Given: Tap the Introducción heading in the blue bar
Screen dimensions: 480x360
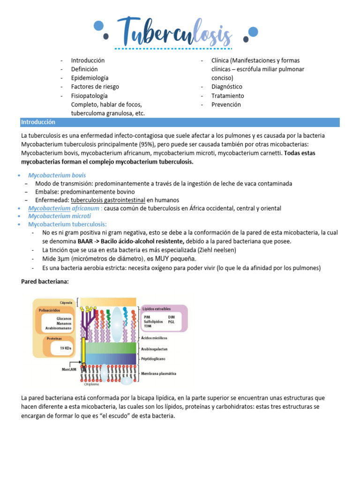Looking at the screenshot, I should click(x=38, y=122).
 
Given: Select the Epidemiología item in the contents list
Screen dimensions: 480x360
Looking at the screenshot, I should click(x=90, y=78).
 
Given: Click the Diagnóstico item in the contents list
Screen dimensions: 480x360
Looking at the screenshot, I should click(x=227, y=87).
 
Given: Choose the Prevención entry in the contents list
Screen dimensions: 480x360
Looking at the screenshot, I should click(x=226, y=105).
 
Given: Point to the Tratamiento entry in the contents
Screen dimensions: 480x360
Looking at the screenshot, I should click(x=228, y=96).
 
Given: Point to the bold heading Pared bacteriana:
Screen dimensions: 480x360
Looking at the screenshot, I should click(x=45, y=282).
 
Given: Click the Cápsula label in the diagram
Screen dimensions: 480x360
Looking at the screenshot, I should click(x=65, y=302).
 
